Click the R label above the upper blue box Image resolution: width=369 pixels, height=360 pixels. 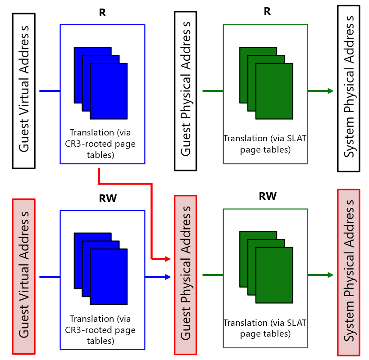pos(102,12)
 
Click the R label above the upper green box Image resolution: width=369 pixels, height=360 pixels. pos(267,11)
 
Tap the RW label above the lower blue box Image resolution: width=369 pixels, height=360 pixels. pos(107,199)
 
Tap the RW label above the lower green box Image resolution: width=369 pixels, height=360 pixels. pos(268,196)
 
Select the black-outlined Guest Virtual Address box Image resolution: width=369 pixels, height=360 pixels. pos(24,91)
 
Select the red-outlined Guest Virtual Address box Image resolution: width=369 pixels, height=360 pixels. pos(24,275)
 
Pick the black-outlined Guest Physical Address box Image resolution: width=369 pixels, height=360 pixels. pos(186,91)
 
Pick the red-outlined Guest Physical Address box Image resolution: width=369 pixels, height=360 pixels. pos(186,274)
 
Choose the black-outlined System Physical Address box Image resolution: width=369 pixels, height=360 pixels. pos(349,88)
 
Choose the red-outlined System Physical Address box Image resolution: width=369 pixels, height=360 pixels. pos(349,272)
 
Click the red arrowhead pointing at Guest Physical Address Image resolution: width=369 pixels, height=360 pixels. pos(169,259)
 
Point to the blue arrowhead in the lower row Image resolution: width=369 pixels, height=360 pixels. pos(169,276)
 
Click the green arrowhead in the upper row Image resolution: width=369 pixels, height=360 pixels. pos(331,91)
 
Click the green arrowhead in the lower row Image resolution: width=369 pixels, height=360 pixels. pos(331,275)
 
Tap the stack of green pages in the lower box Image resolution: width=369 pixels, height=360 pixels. pos(266,267)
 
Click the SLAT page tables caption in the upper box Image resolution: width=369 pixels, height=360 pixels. pos(265,144)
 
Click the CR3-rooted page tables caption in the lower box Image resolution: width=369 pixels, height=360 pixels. pos(102,330)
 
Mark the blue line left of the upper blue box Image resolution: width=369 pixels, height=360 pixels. pos(50,91)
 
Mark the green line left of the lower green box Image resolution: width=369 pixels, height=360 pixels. pos(213,275)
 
